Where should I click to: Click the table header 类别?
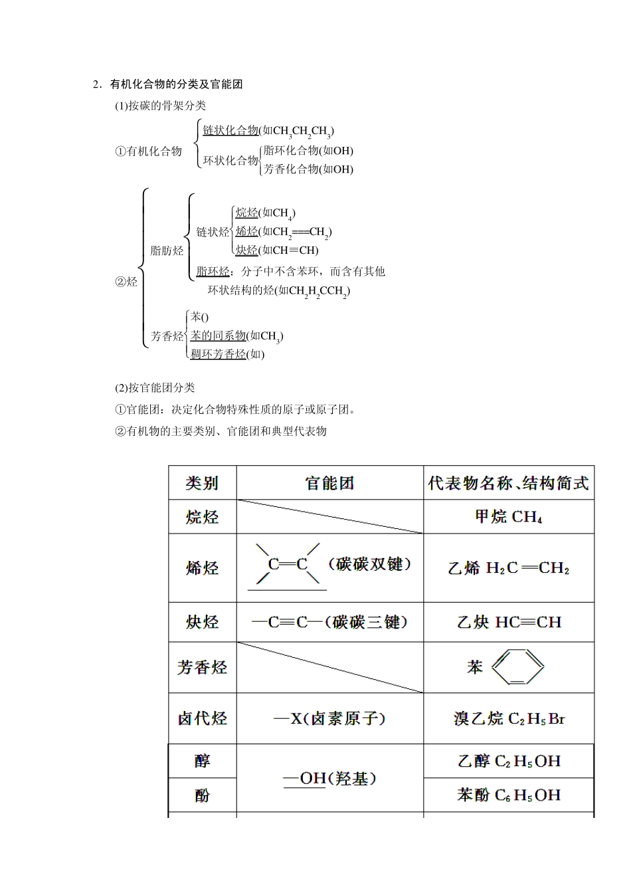pyautogui.click(x=202, y=483)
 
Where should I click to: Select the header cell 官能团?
pyautogui.click(x=329, y=483)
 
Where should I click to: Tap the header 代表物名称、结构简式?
pyautogui.click(x=508, y=483)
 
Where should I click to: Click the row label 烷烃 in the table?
pyautogui.click(x=202, y=517)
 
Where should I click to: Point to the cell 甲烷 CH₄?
pyautogui.click(x=508, y=517)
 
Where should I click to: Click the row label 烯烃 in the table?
pyautogui.click(x=202, y=568)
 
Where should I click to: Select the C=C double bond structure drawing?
pyautogui.click(x=288, y=565)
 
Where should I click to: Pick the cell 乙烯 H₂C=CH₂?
pyautogui.click(x=508, y=568)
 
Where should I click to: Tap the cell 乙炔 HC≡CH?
pyautogui.click(x=508, y=623)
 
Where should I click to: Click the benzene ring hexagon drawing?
pyautogui.click(x=517, y=666)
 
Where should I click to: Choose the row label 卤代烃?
pyautogui.click(x=202, y=718)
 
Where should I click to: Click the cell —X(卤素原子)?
pyautogui.click(x=329, y=718)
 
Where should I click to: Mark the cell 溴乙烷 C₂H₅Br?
pyautogui.click(x=508, y=718)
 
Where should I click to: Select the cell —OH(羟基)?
pyautogui.click(x=329, y=778)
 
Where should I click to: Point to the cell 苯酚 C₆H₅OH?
pyautogui.click(x=508, y=795)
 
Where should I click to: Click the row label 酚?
pyautogui.click(x=202, y=795)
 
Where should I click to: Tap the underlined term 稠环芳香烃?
pyautogui.click(x=218, y=354)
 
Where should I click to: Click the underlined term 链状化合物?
pyautogui.click(x=230, y=130)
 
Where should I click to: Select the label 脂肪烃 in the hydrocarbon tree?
pyautogui.click(x=167, y=250)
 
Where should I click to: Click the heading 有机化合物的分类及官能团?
pyautogui.click(x=176, y=84)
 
